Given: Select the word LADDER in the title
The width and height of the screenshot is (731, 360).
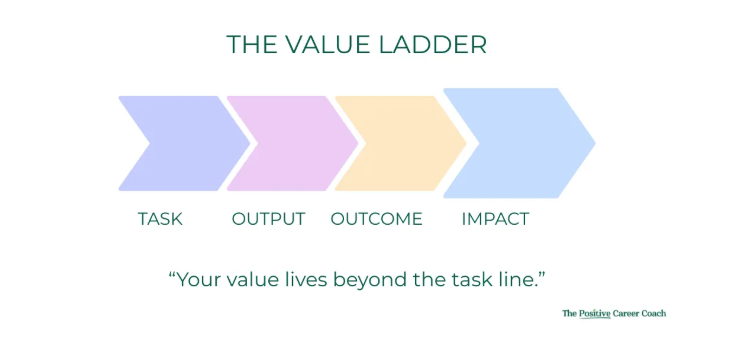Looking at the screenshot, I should tap(437, 45).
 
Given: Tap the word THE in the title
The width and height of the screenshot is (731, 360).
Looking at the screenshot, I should tap(252, 45).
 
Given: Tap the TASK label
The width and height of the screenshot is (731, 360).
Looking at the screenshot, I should tap(160, 219).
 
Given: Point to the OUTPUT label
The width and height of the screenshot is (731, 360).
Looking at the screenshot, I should tap(268, 219).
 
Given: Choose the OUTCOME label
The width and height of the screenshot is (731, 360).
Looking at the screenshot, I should tap(376, 219).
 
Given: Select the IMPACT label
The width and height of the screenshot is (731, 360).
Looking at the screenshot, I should tap(495, 219).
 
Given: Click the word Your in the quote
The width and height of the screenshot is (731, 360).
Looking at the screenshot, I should tap(196, 280).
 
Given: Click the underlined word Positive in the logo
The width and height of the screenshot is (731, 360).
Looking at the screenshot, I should tap(595, 314).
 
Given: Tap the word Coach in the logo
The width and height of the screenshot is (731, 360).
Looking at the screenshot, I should tap(651, 314).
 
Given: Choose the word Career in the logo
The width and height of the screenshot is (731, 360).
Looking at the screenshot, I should tap(624, 314).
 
